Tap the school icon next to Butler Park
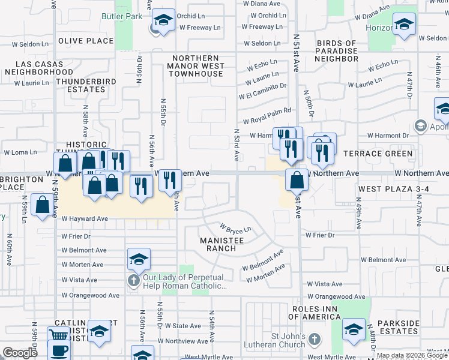163,20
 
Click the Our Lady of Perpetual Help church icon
133,281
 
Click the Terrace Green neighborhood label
378,154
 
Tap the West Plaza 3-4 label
393,190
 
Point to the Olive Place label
86,41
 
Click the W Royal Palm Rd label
267,110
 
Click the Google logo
20,353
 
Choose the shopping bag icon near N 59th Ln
43,205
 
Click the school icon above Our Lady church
139,259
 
